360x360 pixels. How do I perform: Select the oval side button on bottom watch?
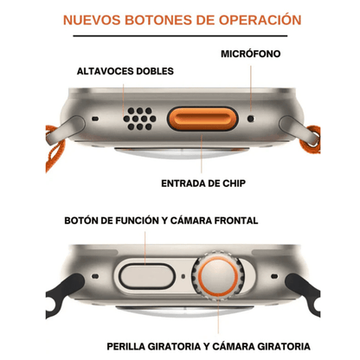(146, 277)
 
